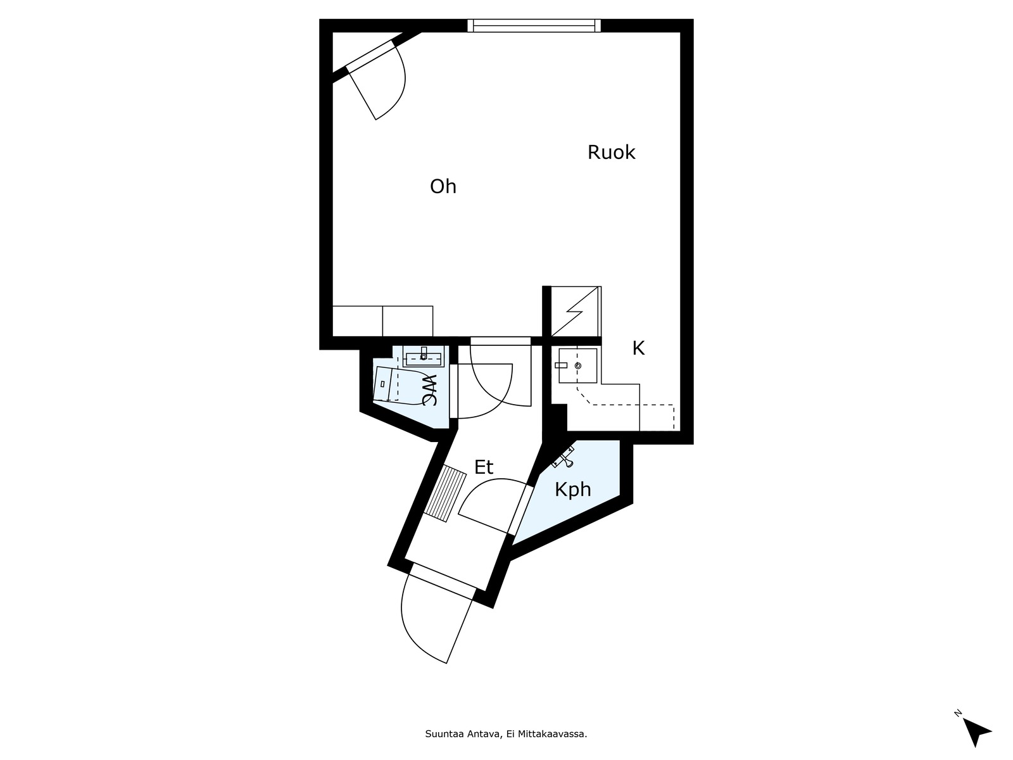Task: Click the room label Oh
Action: pyautogui.click(x=443, y=187)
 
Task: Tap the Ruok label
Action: pyautogui.click(x=611, y=152)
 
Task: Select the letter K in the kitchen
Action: pyautogui.click(x=638, y=348)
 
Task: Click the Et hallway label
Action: pyautogui.click(x=484, y=467)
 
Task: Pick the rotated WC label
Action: pyautogui.click(x=430, y=390)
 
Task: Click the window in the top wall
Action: pyautogui.click(x=534, y=25)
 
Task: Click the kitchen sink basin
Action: pyautogui.click(x=577, y=366)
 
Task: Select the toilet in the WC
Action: pyautogui.click(x=387, y=384)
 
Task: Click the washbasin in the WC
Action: pyautogui.click(x=423, y=357)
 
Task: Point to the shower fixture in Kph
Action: pyautogui.click(x=563, y=457)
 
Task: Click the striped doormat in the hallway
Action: pyautogui.click(x=445, y=494)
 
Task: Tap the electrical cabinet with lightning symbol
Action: pyautogui.click(x=576, y=312)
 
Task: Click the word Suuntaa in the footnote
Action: pyautogui.click(x=438, y=733)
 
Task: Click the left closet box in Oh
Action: pyautogui.click(x=358, y=321)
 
